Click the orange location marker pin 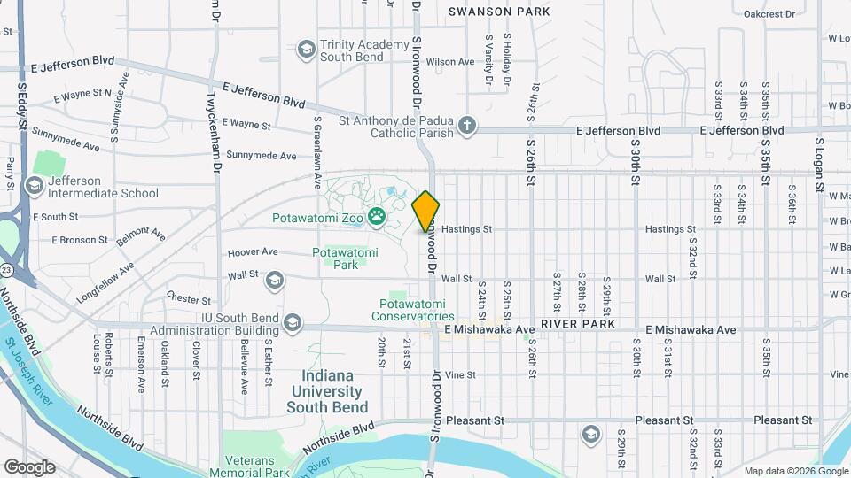click(426, 212)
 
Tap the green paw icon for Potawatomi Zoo click(377, 216)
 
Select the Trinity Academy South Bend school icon click(307, 48)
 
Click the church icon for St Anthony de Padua click(467, 125)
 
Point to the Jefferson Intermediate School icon click(35, 185)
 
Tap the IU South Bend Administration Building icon click(292, 324)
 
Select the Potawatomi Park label click(345, 258)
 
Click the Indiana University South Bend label click(324, 391)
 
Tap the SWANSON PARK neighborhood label click(499, 12)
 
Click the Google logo click(28, 466)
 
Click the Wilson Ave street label click(450, 62)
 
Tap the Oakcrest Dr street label click(769, 14)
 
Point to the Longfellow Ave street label click(105, 281)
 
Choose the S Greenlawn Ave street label click(316, 152)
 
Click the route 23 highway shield click(6, 269)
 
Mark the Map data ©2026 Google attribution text click(795, 471)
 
